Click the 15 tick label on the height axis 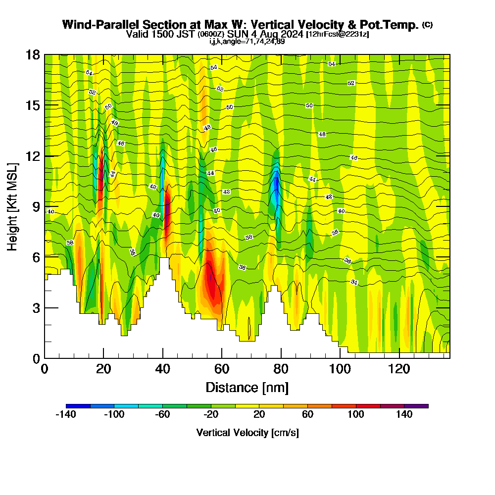click(33, 105)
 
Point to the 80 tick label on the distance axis click(281, 370)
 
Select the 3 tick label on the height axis click(36, 308)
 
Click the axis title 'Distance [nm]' click(247, 387)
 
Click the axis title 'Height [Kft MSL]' click(12, 206)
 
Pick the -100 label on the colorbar click(114, 415)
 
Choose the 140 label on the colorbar click(404, 415)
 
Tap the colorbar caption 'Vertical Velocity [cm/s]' click(247, 433)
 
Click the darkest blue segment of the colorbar click(78, 406)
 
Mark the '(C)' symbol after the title click(427, 24)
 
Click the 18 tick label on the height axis click(33, 54)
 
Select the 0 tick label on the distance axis click(45, 370)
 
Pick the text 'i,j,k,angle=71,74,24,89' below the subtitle click(247, 41)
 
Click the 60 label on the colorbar click(307, 415)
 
